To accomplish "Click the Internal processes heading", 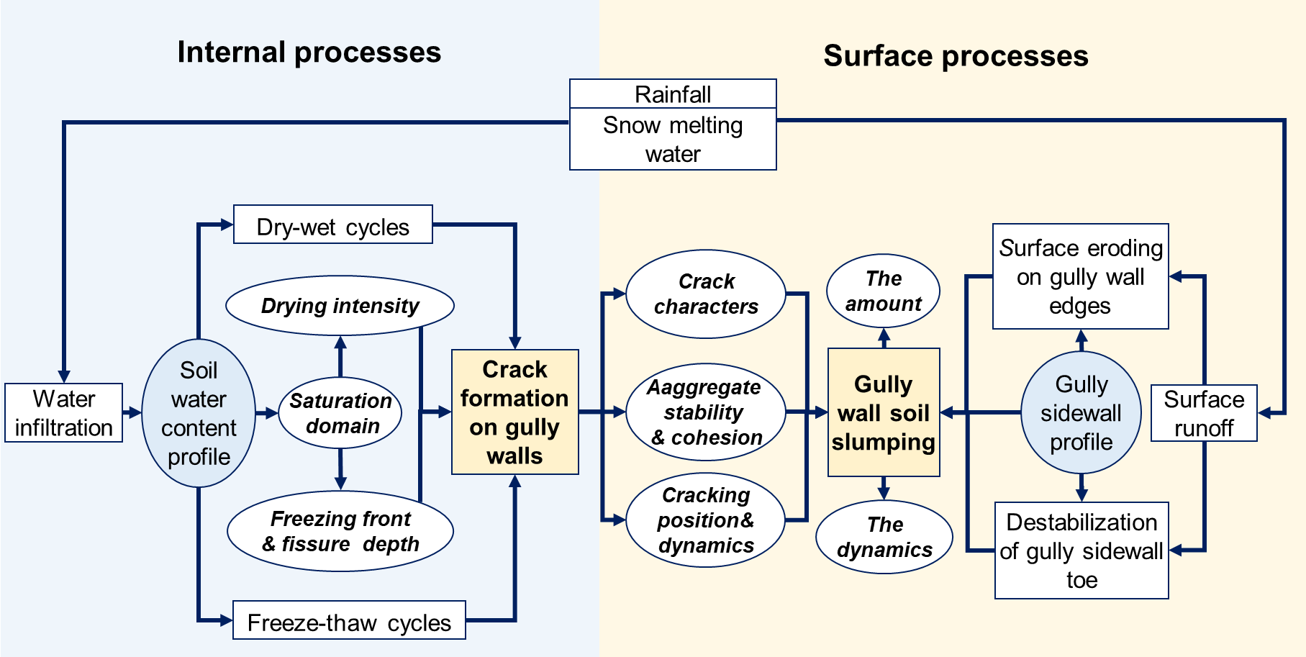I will point(309,53).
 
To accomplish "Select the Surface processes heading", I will point(956,56).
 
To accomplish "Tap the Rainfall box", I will point(673,94).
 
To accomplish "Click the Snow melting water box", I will point(673,140).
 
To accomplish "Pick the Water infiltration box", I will point(64,413).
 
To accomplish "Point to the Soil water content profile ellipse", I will point(199,413).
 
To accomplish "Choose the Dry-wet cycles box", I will point(332,225).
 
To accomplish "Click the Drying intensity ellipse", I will point(340,306).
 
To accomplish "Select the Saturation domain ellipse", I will point(340,413).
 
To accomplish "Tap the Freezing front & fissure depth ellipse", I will point(340,531).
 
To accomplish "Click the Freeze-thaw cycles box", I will point(349,621).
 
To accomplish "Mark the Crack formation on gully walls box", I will point(514,412).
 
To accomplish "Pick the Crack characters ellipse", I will point(706,294).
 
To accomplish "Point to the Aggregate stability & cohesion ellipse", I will point(705,412).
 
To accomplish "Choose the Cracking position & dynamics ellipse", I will point(705,520).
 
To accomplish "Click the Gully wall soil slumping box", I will point(884,413).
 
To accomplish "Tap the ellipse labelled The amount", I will point(884,291).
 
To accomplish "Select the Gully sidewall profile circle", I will point(1081,413).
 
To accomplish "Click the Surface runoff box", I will point(1204,413).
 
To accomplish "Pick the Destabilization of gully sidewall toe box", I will point(1081,550).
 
